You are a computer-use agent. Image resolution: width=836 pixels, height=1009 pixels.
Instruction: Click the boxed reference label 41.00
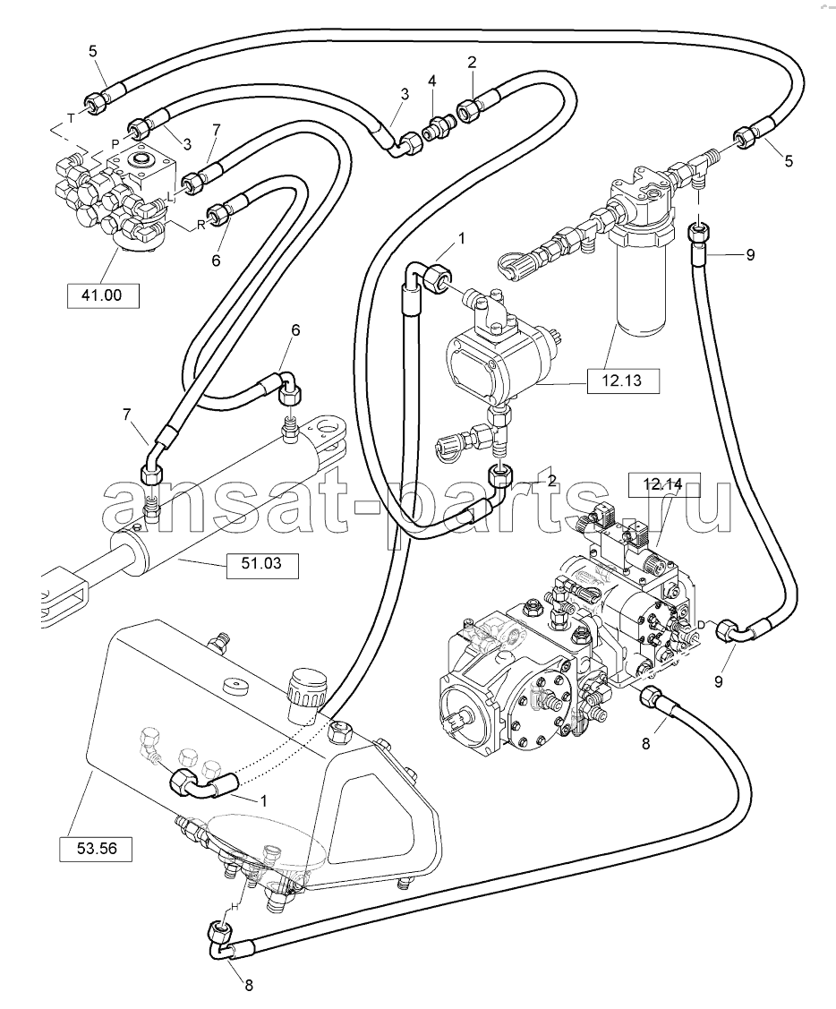pos(103,295)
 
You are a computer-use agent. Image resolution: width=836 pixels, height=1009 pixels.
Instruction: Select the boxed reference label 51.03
pos(262,564)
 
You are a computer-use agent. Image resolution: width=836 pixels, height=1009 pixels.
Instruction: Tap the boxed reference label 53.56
pos(97,848)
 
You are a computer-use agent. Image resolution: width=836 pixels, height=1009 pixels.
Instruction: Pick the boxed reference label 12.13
pos(623,381)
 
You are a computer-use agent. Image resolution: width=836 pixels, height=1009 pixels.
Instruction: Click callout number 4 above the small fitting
pos(432,81)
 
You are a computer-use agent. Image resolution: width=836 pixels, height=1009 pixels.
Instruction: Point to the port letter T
pos(71,118)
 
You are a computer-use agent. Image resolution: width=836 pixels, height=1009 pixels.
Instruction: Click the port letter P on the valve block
pos(115,143)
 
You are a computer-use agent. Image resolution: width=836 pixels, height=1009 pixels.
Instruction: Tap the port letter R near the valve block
pos(200,224)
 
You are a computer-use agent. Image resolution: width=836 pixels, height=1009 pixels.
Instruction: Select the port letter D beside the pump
pos(701,624)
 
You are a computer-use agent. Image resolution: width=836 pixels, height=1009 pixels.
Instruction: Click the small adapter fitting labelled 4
pos(436,124)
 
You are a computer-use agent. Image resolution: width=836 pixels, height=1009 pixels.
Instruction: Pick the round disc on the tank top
pos(237,685)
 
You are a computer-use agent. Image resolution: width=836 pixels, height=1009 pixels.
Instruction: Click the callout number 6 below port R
pos(217,260)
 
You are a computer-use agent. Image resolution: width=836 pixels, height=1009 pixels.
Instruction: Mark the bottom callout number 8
pos(248,985)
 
